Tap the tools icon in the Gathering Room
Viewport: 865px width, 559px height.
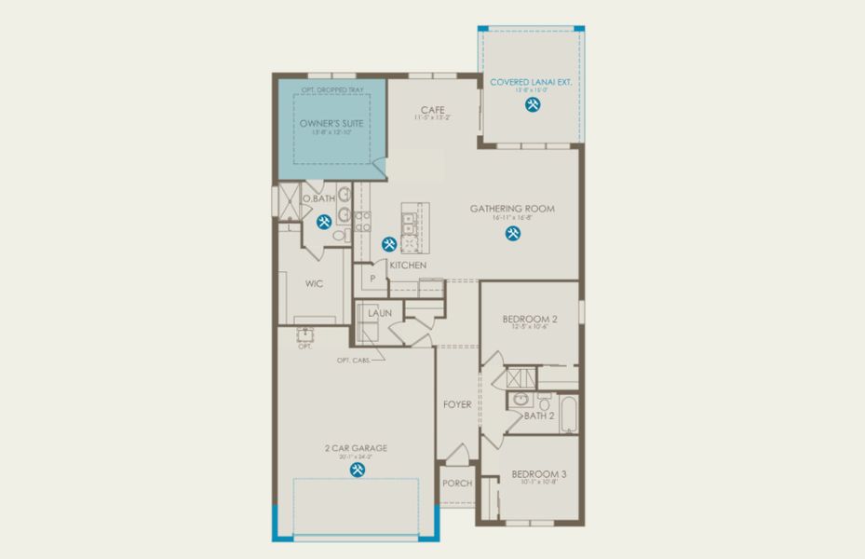[x=512, y=233]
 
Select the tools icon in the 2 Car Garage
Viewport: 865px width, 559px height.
[x=357, y=470]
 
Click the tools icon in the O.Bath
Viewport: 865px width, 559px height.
[x=323, y=222]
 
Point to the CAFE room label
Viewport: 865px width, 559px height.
[x=432, y=109]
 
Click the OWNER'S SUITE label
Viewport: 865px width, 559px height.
[x=331, y=123]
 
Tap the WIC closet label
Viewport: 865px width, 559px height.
[x=313, y=283]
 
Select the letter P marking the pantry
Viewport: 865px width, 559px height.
[x=372, y=278]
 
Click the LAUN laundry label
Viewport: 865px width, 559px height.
[x=379, y=313]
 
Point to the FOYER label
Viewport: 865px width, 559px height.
[x=456, y=404]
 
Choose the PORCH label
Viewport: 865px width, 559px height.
[x=456, y=484]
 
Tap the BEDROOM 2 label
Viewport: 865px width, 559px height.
[x=530, y=319]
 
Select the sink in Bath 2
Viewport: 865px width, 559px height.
[x=519, y=401]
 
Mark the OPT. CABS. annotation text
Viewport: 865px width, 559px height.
[x=355, y=360]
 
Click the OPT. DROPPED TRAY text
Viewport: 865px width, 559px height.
[x=331, y=90]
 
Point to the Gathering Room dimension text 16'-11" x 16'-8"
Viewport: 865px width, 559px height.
[x=511, y=217]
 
